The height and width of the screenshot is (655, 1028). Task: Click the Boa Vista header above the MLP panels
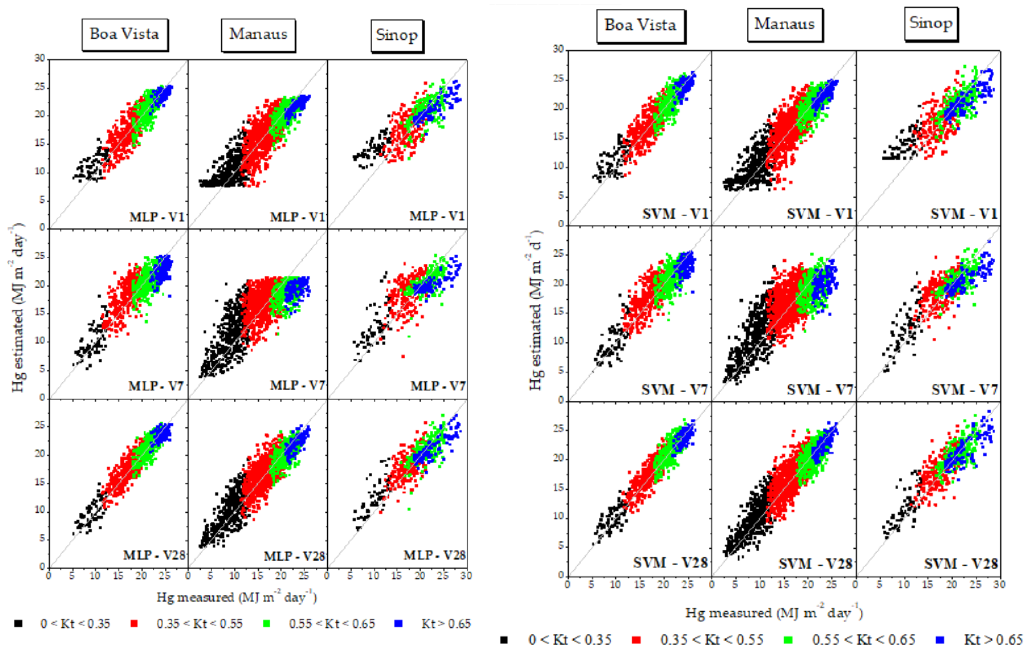tap(124, 34)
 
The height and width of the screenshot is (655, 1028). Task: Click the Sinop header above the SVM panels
tap(931, 23)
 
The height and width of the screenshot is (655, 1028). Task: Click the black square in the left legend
tap(18, 623)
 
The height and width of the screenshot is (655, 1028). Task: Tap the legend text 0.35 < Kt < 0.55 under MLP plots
tap(199, 624)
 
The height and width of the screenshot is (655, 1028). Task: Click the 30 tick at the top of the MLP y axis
tap(40, 58)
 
